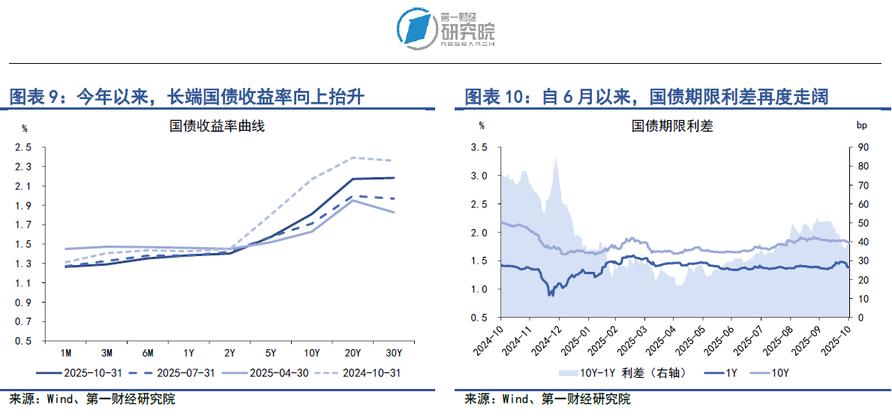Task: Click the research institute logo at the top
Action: [x=445, y=29]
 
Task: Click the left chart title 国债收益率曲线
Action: [x=218, y=126]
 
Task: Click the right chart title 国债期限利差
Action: [x=672, y=126]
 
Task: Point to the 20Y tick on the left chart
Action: [x=353, y=352]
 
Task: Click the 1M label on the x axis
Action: [x=66, y=352]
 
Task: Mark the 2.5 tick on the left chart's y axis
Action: [x=23, y=147]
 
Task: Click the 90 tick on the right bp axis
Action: [x=863, y=147]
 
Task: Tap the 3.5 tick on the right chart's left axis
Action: [x=478, y=147]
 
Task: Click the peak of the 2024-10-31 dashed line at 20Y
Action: [x=353, y=158]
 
